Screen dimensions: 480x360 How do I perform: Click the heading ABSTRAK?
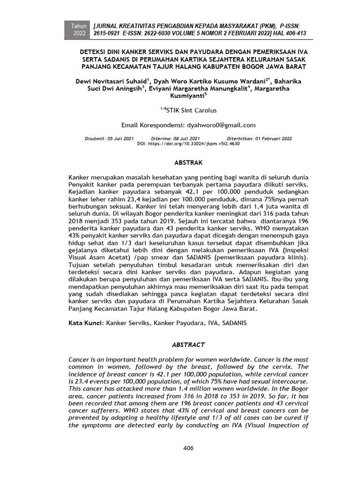tap(188, 163)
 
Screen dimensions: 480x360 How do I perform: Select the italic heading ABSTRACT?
tap(188, 345)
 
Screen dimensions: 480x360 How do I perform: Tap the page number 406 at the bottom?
tap(188, 448)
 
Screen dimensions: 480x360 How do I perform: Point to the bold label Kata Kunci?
tap(86, 323)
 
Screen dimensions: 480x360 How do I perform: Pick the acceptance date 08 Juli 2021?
tap(185, 139)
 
